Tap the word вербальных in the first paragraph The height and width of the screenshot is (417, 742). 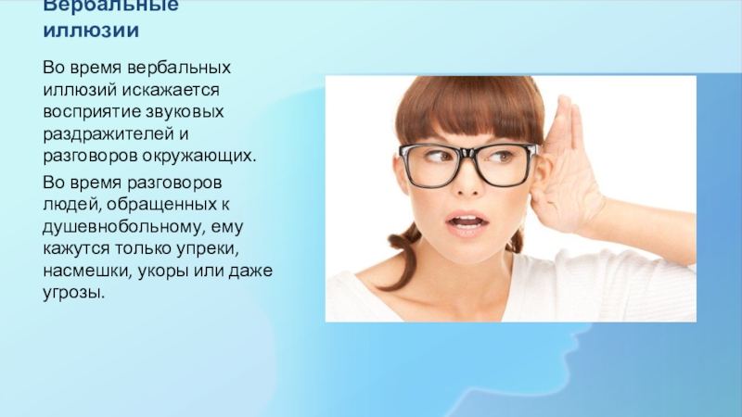181,69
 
